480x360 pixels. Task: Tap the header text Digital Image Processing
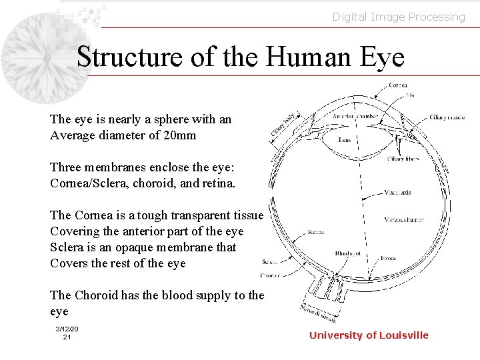399,17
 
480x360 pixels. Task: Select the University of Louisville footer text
369,335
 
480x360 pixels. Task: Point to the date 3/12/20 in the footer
67,329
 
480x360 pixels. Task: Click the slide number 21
67,337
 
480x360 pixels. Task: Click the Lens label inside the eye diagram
345,141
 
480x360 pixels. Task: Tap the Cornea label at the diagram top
399,85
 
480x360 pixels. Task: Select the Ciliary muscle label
447,118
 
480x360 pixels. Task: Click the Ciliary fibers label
421,159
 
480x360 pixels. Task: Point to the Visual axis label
398,193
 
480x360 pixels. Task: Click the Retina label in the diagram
316,233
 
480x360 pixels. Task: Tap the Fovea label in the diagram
389,259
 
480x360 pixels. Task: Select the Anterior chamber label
355,116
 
